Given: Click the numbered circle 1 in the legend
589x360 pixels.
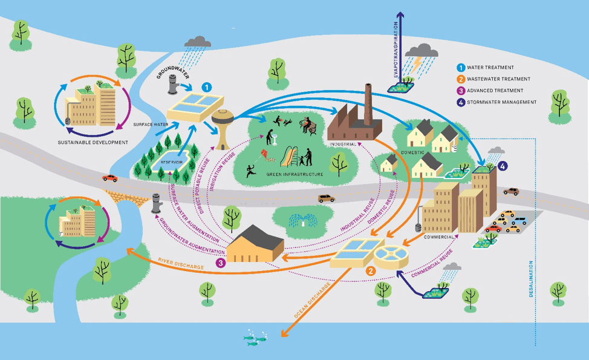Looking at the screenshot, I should pos(461,68).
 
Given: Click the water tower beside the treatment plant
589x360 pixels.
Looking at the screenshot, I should pos(223,127).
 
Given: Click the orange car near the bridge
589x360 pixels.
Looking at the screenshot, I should pos(109,178).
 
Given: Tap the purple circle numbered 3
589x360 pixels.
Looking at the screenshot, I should pos(221,263).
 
